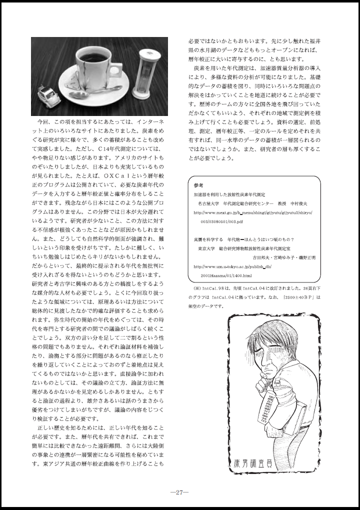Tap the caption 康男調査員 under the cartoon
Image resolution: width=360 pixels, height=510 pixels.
(x=255, y=464)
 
